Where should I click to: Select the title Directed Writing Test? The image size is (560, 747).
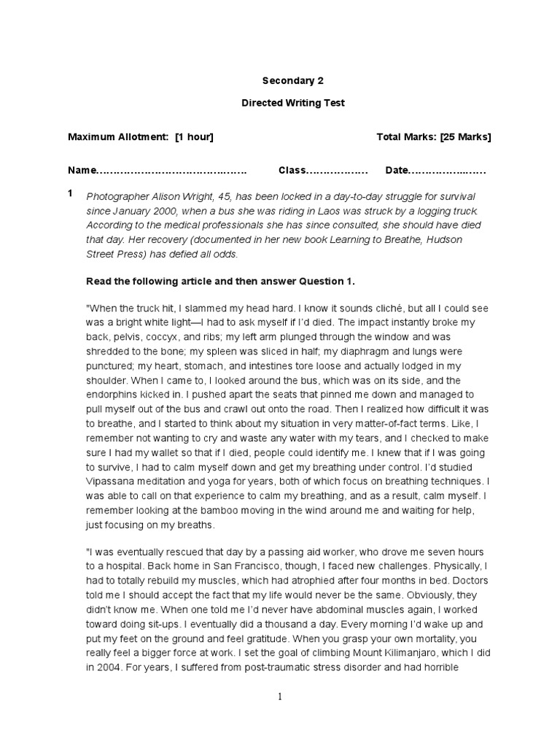[x=292, y=103]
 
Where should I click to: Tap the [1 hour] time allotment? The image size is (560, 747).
[x=194, y=136]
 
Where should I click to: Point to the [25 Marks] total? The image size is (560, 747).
[x=464, y=136]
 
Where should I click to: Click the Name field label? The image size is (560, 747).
[x=82, y=170]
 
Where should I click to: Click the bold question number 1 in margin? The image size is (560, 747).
[x=70, y=194]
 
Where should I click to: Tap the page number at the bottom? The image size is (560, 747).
[x=280, y=697]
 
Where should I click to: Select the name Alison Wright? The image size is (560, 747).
[x=171, y=196]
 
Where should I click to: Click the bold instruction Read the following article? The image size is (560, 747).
[x=168, y=281]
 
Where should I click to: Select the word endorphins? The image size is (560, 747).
[x=112, y=394]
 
